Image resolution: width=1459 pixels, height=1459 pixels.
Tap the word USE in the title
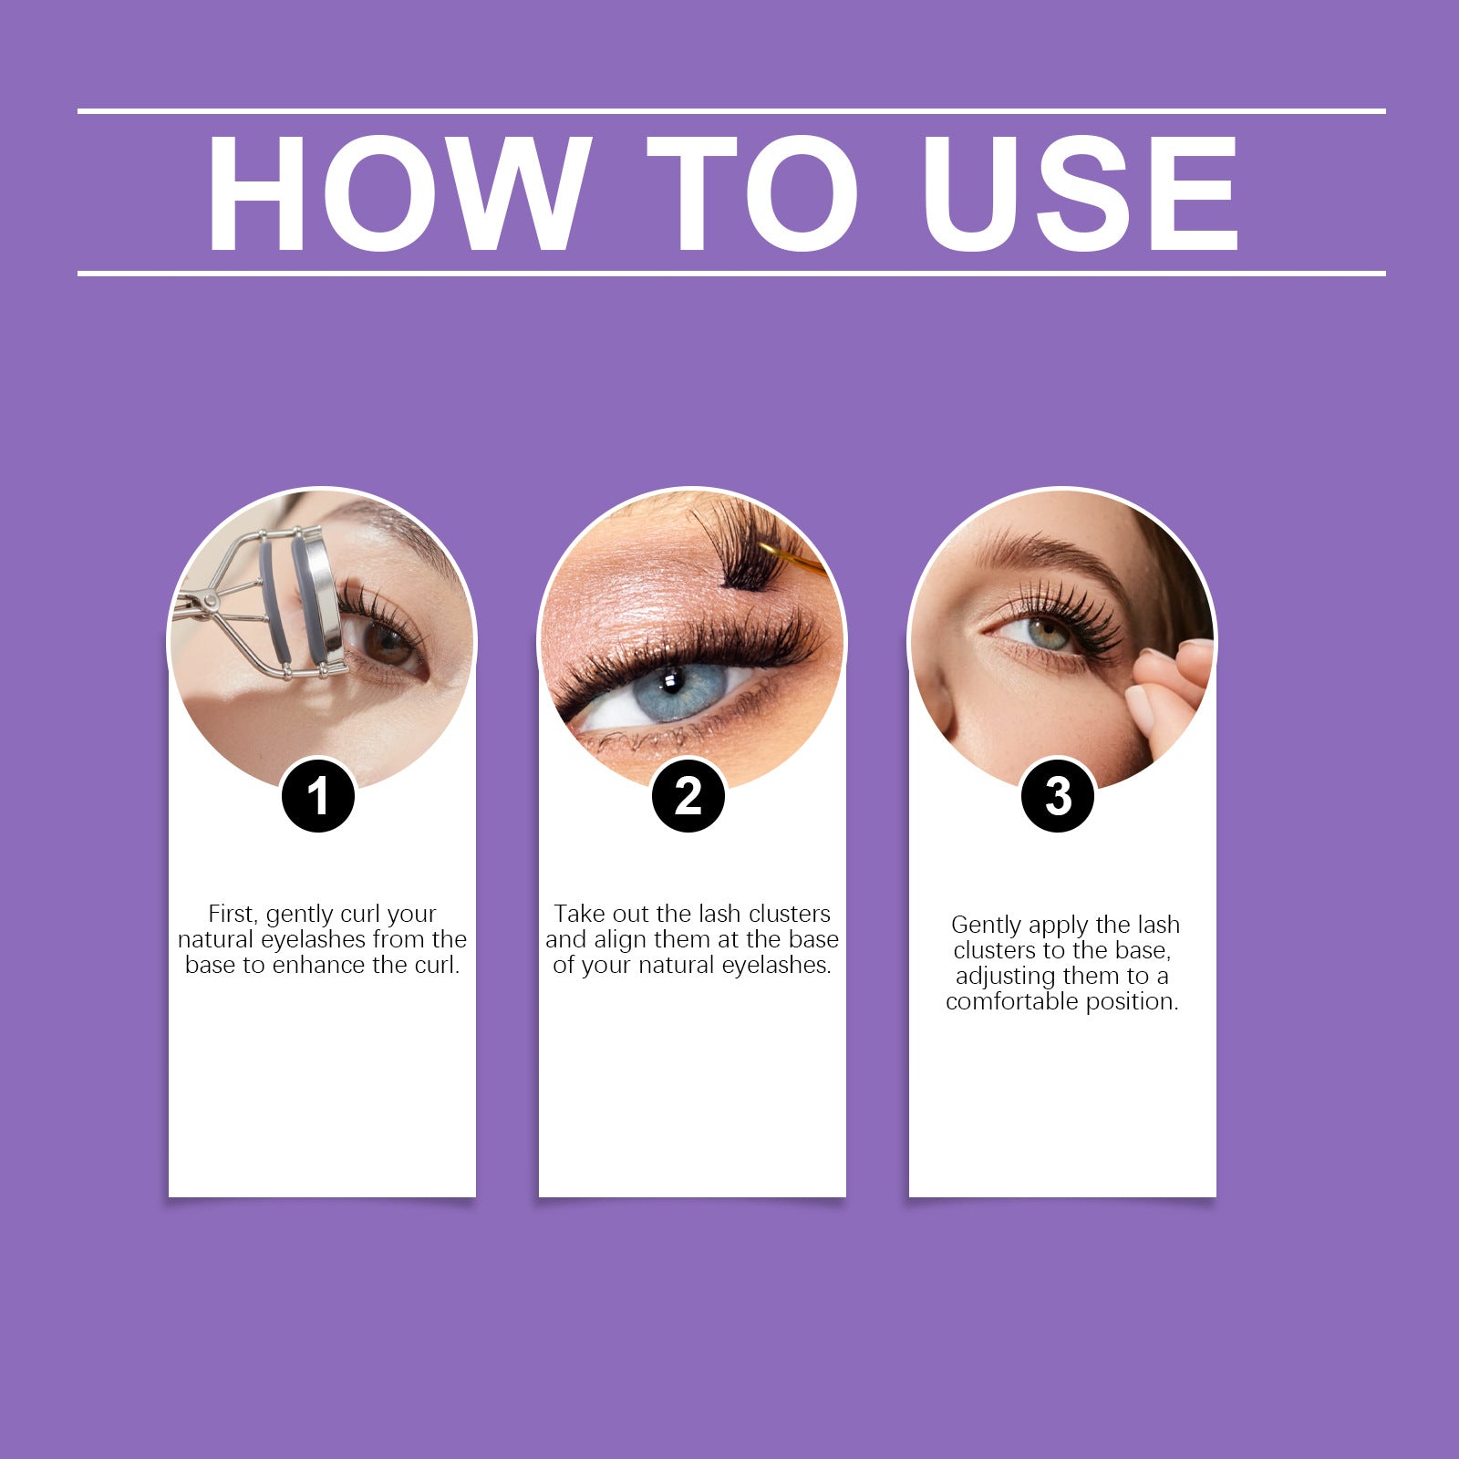1081,193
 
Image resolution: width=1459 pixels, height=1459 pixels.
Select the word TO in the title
753,193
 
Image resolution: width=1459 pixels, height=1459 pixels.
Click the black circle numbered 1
317,795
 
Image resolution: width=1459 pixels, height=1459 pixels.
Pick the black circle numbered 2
688,795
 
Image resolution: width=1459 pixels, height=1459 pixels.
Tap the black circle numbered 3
1058,795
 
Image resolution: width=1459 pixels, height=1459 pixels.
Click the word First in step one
232,914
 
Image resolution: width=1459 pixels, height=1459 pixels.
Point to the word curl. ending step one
438,965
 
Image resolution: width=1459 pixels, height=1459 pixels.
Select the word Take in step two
580,914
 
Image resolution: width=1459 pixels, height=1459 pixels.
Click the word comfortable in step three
1011,1001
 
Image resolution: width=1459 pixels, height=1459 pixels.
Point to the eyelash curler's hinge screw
211,601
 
